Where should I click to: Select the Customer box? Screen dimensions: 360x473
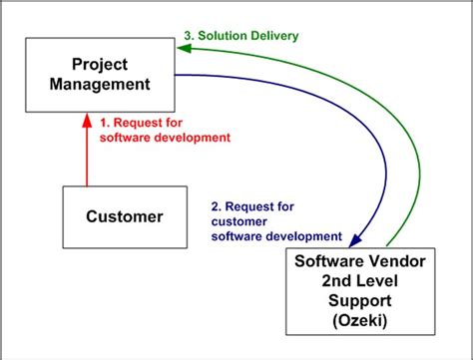(124, 216)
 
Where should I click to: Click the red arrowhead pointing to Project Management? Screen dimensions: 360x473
(87, 117)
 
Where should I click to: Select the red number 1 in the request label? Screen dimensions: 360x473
(105, 122)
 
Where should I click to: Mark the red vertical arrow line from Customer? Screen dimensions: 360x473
(87, 155)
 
